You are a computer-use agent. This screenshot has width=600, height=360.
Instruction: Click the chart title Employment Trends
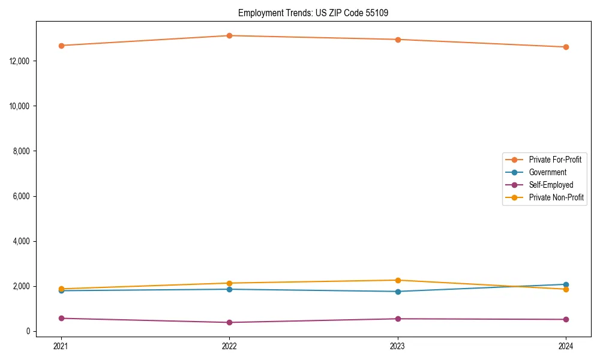(313, 13)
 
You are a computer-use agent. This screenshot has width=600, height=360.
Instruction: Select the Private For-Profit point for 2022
(229, 35)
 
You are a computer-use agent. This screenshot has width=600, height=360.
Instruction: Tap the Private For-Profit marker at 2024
(566, 47)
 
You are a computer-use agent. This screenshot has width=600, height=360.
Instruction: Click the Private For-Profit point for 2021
(61, 46)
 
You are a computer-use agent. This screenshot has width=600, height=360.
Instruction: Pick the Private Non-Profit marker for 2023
(398, 280)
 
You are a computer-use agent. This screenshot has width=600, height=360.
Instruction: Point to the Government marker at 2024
(566, 284)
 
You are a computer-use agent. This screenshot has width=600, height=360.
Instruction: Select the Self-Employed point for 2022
(229, 322)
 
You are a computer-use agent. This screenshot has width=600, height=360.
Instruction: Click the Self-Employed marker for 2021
(61, 318)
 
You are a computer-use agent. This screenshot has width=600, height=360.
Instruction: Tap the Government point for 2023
(398, 292)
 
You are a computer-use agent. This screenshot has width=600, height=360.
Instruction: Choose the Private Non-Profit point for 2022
(229, 283)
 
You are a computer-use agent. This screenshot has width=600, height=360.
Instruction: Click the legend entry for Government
(547, 172)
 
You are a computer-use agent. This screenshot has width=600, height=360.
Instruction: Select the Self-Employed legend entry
(551, 185)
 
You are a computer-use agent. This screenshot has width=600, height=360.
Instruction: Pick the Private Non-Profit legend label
(556, 197)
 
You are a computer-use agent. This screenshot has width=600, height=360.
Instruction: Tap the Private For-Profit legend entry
(555, 160)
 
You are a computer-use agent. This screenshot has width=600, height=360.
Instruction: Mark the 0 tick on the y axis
(27, 331)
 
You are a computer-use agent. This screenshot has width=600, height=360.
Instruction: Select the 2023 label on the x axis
(398, 346)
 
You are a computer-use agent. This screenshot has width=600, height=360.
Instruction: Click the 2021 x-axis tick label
(61, 346)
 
